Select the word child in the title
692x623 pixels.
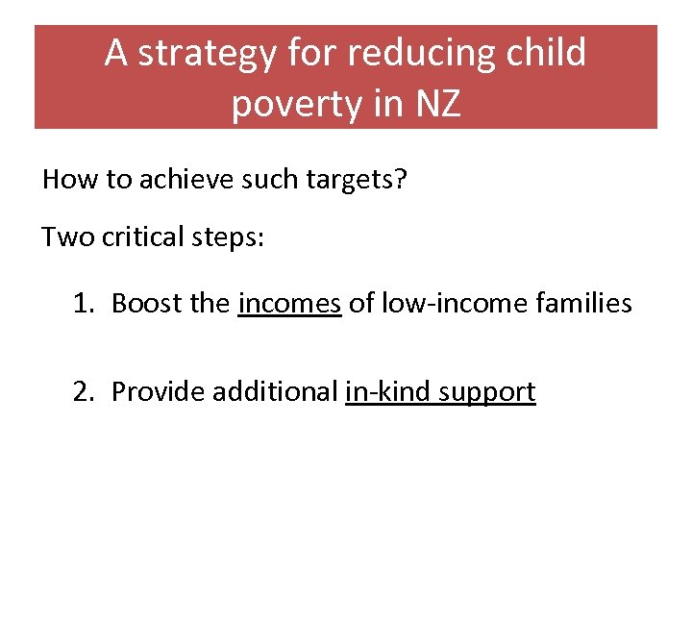546,54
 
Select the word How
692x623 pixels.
65,179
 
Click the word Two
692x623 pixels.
63,237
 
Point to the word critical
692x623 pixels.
135,237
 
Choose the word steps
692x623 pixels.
226,237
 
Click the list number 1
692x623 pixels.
82,304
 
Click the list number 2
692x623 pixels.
82,391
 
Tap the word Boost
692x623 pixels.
139,304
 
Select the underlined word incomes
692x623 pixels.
289,305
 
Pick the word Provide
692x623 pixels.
158,391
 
